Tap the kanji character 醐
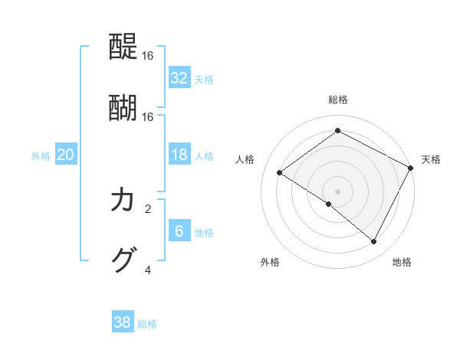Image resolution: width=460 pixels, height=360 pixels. [123, 108]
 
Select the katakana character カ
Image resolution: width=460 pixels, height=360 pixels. [123, 201]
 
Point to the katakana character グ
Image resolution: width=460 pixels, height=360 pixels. [123, 260]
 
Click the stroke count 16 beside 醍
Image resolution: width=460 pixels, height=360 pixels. [148, 57]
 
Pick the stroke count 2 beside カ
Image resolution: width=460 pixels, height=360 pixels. [148, 208]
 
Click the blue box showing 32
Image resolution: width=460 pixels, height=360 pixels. [179, 78]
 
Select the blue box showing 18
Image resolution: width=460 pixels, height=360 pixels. [179, 155]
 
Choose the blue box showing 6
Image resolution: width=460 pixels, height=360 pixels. [179, 231]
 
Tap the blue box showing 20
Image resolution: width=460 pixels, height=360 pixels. [65, 155]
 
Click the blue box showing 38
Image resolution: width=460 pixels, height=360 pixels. [122, 322]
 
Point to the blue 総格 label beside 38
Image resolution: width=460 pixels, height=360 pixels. [147, 324]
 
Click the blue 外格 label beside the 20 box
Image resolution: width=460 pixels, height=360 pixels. [41, 156]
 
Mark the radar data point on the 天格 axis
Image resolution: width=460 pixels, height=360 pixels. [411, 168]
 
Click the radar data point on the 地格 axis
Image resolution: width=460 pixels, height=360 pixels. [374, 242]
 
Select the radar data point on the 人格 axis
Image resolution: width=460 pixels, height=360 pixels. [280, 173]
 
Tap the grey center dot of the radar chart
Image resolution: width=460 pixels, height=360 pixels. [337, 191]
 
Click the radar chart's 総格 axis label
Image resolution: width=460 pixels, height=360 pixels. [337, 100]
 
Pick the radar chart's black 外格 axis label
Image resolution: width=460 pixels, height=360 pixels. [270, 262]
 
